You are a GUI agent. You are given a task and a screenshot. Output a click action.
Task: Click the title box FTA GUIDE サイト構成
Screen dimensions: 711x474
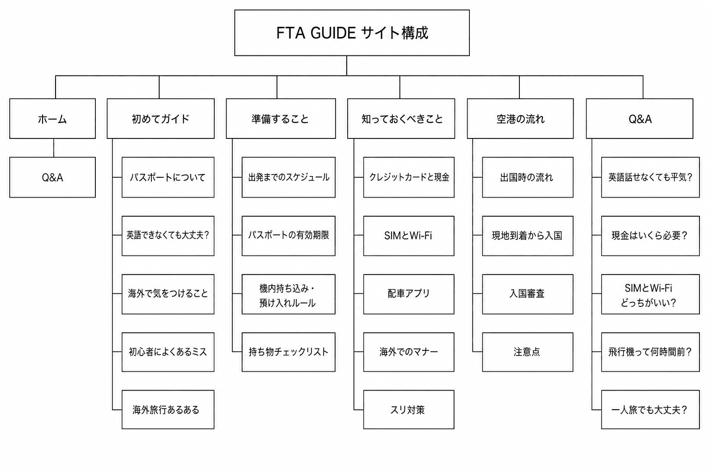point(352,33)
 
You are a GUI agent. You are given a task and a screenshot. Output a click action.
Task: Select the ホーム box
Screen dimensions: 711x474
point(52,118)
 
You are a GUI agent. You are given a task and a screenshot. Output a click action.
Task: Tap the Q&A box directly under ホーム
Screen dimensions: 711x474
point(52,177)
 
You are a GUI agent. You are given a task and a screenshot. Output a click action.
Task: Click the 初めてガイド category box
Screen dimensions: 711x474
point(161,118)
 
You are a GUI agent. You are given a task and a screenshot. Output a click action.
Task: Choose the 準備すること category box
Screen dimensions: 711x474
point(281,118)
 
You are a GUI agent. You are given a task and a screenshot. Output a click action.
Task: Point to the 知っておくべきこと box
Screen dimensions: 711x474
point(401,118)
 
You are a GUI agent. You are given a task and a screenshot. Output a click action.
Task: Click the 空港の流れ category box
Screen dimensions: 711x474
point(520,118)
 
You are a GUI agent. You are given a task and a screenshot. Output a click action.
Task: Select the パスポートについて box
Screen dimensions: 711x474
point(168,177)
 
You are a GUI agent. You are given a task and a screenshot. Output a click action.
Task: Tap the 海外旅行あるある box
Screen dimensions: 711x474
point(168,410)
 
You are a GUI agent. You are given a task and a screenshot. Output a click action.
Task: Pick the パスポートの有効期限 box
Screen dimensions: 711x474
point(288,236)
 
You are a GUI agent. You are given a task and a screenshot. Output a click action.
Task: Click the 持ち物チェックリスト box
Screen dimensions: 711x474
point(288,352)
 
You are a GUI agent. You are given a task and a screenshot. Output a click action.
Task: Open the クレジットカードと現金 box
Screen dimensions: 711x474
point(409,177)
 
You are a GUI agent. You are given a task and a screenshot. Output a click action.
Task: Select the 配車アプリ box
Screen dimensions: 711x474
point(409,294)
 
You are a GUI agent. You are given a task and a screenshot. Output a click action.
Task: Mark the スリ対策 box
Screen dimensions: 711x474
point(409,410)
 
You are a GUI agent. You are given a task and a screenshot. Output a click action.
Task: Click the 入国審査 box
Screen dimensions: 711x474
point(528,294)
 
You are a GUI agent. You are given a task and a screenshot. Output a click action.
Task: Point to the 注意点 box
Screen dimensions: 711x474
point(528,352)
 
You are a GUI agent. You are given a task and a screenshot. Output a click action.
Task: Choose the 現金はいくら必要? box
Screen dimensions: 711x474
point(650,236)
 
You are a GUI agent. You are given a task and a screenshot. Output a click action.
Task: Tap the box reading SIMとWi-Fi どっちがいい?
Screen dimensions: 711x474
point(650,294)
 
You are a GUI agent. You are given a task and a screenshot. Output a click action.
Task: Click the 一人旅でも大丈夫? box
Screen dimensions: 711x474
point(650,410)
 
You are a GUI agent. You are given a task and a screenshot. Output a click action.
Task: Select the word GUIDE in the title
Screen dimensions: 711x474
point(333,33)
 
